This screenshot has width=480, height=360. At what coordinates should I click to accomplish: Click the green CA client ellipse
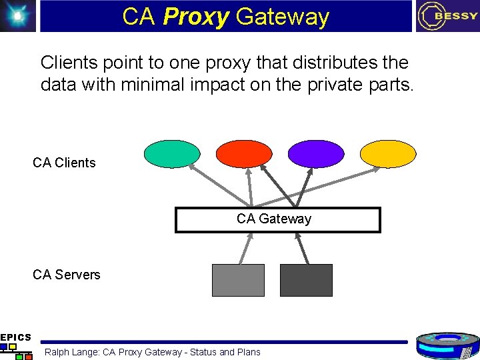pyautogui.click(x=171, y=153)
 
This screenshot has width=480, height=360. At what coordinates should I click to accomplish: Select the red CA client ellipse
pyautogui.click(x=244, y=153)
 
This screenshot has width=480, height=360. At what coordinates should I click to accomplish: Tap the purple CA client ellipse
pyautogui.click(x=316, y=153)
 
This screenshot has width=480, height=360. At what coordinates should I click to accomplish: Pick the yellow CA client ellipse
pyautogui.click(x=387, y=153)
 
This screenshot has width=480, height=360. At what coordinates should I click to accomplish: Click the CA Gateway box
pyautogui.click(x=277, y=219)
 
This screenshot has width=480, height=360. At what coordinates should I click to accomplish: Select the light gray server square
pyautogui.click(x=238, y=280)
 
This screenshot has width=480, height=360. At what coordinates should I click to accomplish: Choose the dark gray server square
pyautogui.click(x=306, y=280)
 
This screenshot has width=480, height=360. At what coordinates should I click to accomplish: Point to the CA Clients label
pyautogui.click(x=64, y=163)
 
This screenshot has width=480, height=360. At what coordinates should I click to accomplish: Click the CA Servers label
pyautogui.click(x=66, y=275)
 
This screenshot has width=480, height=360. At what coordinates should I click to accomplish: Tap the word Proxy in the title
pyautogui.click(x=195, y=17)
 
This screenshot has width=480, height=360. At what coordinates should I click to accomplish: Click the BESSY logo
pyautogui.click(x=447, y=16)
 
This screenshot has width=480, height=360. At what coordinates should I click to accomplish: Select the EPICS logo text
pyautogui.click(x=15, y=337)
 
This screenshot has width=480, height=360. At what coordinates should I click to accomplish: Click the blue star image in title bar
pyautogui.click(x=17, y=16)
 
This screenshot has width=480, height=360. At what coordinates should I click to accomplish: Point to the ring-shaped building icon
pyautogui.click(x=447, y=345)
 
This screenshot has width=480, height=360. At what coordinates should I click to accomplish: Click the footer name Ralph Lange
pyautogui.click(x=72, y=352)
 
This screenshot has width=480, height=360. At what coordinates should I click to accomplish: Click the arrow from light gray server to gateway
pyautogui.click(x=246, y=248)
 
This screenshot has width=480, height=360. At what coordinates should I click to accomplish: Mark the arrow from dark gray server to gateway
pyautogui.click(x=301, y=248)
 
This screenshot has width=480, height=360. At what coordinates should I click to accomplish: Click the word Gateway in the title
pyautogui.click(x=283, y=17)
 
